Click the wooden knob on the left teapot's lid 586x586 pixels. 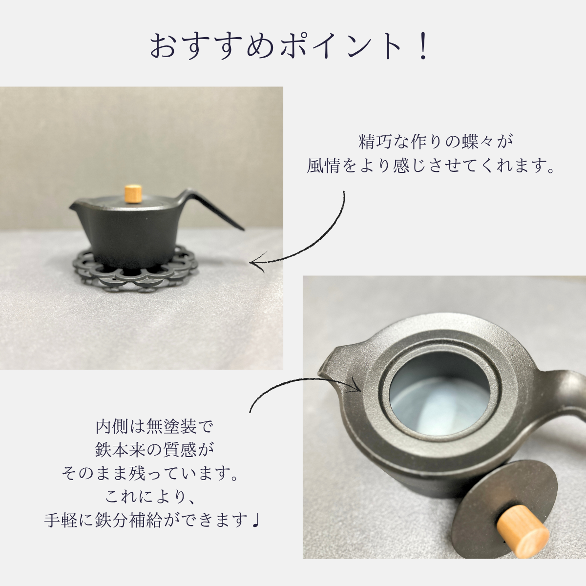[133, 194]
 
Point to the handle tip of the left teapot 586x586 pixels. [244, 230]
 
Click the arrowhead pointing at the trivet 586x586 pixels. [257, 262]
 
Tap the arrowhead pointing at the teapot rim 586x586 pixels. [356, 386]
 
